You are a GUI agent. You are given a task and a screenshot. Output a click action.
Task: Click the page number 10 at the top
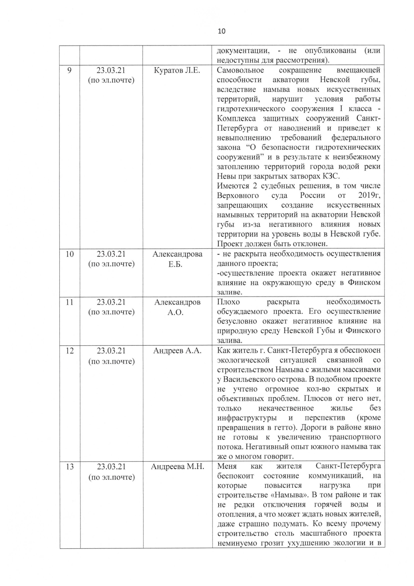[x=221, y=31]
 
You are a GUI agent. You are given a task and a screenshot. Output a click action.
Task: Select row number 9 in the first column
[x=69, y=70]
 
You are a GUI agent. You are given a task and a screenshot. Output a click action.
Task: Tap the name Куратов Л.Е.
[x=177, y=70]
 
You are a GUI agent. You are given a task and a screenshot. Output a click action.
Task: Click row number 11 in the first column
[x=69, y=302]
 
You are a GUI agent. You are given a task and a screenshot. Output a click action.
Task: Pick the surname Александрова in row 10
[x=177, y=254]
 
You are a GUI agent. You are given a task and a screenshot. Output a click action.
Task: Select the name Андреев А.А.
[x=177, y=351]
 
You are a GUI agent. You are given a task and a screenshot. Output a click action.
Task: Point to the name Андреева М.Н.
[x=177, y=466]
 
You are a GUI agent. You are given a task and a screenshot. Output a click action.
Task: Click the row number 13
[x=69, y=466]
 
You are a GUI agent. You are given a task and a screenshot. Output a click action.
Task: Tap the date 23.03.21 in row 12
[x=111, y=351]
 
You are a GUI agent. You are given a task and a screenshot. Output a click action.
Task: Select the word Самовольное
[x=240, y=70]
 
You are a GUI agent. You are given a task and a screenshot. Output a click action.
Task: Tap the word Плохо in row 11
[x=228, y=302]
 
